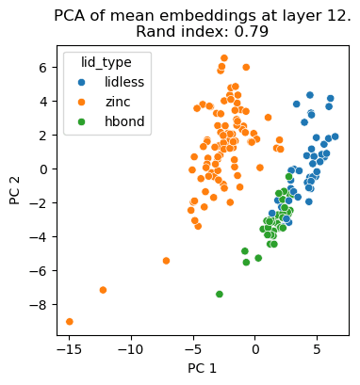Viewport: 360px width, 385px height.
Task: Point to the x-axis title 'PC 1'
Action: click(201, 367)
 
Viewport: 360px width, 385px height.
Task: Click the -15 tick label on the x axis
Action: click(69, 348)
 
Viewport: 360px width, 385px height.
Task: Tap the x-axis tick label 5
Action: click(317, 348)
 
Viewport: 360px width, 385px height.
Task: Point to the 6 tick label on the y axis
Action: click(42, 67)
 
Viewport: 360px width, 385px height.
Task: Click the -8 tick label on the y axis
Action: click(39, 305)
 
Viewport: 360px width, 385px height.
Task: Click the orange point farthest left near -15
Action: click(70, 321)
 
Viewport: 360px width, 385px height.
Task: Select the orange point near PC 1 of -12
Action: click(103, 290)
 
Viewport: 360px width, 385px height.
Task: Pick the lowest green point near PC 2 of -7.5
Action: click(220, 295)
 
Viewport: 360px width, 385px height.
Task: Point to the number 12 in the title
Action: click(332, 15)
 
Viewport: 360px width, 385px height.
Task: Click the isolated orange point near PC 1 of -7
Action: click(166, 261)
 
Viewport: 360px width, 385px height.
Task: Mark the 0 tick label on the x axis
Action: click(254, 348)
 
